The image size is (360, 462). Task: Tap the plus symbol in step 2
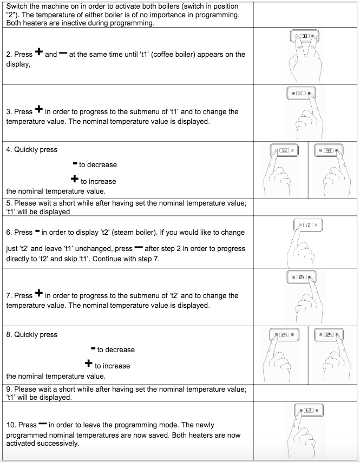coord(39,52)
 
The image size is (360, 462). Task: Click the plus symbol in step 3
coord(39,110)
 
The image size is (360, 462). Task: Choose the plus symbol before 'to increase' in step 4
coord(75,180)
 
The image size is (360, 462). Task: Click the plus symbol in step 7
coord(39,294)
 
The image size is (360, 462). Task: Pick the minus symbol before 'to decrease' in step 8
coord(93,348)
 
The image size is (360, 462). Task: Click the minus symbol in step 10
coord(43,425)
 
